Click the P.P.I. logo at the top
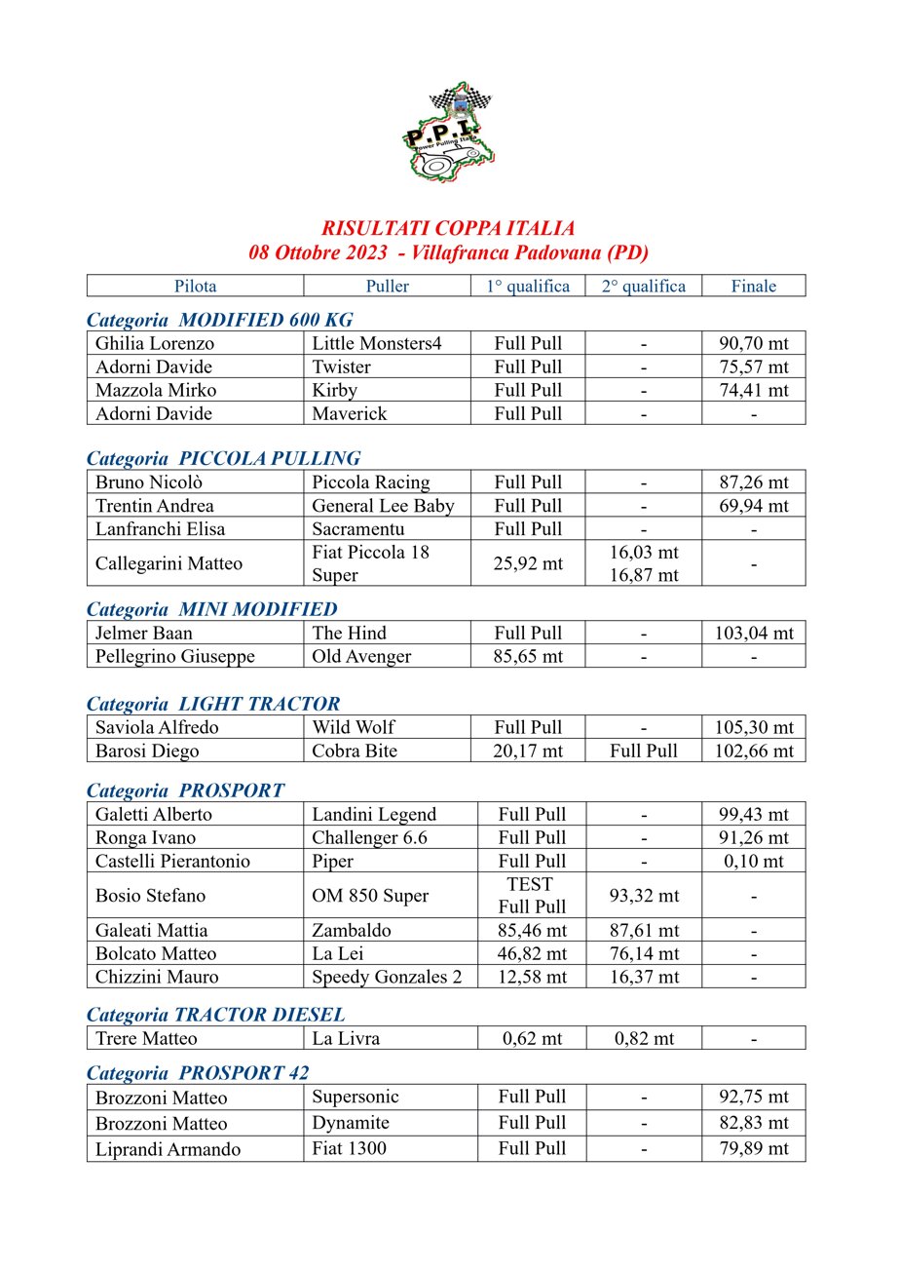click(x=448, y=134)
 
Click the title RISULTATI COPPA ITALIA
click(x=448, y=229)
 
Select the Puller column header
click(x=387, y=286)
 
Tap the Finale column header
click(x=754, y=286)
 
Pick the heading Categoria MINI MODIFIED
click(x=212, y=609)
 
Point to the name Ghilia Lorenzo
click(x=155, y=343)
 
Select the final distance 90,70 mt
click(x=754, y=343)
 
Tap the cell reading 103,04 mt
click(x=754, y=633)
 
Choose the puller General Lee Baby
click(x=383, y=506)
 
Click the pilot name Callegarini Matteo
click(x=169, y=563)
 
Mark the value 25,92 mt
click(x=528, y=563)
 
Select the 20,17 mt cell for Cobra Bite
click(x=528, y=751)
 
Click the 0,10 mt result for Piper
click(x=754, y=861)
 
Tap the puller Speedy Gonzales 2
click(x=387, y=977)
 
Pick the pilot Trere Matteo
click(x=146, y=1038)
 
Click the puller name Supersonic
click(x=356, y=1097)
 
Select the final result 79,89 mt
click(x=754, y=1149)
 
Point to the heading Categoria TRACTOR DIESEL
click(x=216, y=1015)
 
